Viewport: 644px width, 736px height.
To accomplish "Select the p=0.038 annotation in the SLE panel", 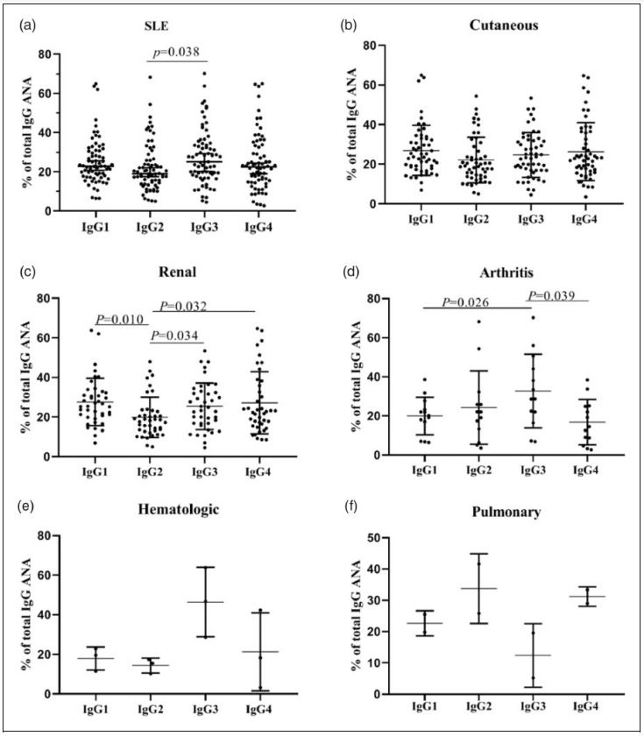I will [178, 53].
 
